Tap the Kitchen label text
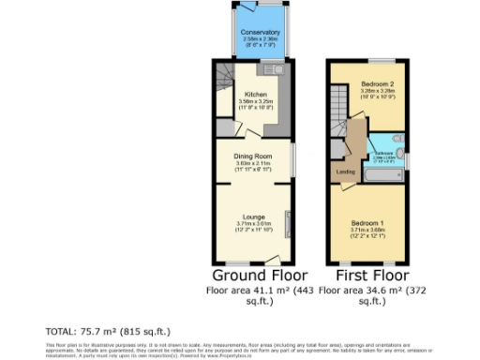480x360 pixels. [x=255, y=95]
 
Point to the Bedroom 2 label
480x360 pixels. [x=374, y=84]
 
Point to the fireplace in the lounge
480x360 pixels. [x=289, y=226]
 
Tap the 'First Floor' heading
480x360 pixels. [x=366, y=276]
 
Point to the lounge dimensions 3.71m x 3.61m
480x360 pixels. [x=253, y=224]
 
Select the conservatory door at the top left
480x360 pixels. [x=243, y=7]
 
